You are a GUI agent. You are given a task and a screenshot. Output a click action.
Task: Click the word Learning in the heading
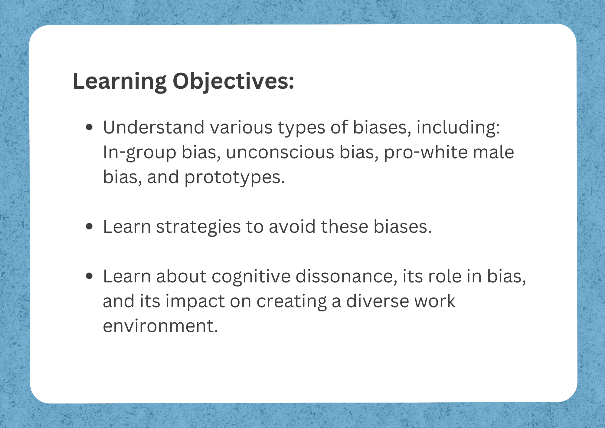pyautogui.click(x=119, y=81)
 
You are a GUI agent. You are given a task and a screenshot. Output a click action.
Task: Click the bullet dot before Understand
pyautogui.click(x=89, y=127)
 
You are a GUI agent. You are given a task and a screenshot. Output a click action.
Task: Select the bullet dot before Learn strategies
pyautogui.click(x=89, y=226)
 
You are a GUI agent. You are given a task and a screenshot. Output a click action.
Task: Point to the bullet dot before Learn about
pyautogui.click(x=89, y=276)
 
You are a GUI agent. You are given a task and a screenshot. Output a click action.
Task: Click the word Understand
pyautogui.click(x=154, y=127)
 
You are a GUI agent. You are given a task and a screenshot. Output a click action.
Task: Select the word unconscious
pyautogui.click(x=280, y=152)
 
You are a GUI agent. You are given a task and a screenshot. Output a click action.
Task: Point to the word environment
pyautogui.click(x=160, y=326)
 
